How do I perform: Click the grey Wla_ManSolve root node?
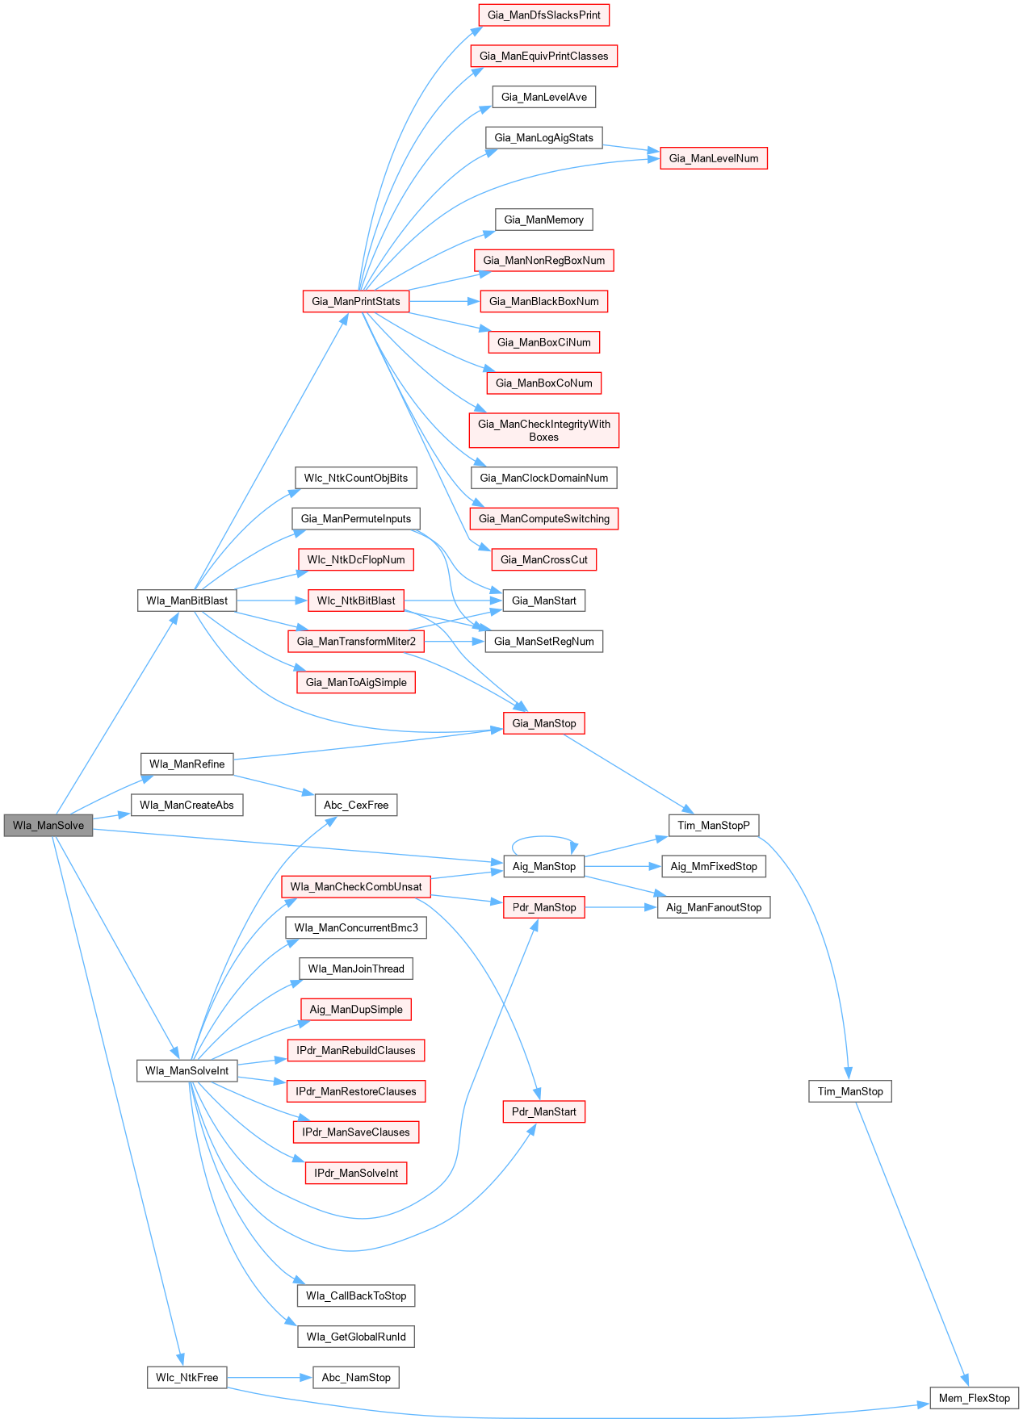48,825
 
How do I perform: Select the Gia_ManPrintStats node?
356,301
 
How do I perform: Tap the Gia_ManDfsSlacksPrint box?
543,15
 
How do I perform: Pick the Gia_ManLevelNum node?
714,158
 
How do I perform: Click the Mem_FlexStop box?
974,1398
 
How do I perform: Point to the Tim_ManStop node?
850,1091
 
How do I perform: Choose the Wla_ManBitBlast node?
187,601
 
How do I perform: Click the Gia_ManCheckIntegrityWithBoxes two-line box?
543,430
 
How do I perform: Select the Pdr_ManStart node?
543,1111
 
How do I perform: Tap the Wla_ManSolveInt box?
187,1070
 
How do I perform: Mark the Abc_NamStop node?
356,1377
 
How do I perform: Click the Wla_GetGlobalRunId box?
356,1337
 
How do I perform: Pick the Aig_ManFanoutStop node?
714,907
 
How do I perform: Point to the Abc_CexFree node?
356,805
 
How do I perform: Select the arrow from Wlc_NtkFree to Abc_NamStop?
270,1378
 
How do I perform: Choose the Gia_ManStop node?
543,723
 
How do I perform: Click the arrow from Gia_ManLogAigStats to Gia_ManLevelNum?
631,148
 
